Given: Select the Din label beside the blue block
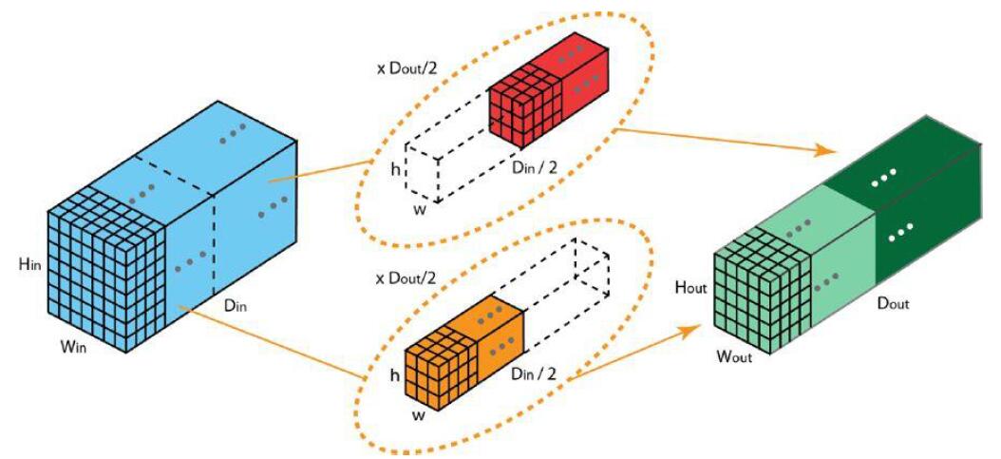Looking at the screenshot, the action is point(236,306).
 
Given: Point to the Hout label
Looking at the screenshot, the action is point(690,288).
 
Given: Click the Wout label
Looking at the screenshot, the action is point(734,357).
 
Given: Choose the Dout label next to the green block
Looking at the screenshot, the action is point(893,303).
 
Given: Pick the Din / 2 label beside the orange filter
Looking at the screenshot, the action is point(533,374).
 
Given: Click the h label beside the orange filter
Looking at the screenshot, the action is point(396,375).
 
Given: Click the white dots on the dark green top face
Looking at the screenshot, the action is point(884,173).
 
